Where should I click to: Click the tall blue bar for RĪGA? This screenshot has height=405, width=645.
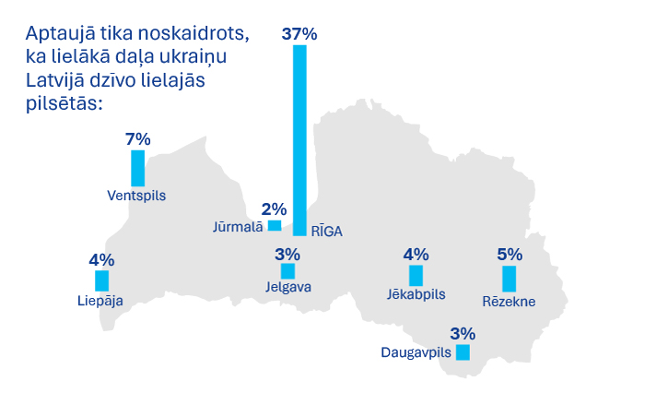[x=299, y=138]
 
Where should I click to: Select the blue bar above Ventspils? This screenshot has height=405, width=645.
[x=137, y=168]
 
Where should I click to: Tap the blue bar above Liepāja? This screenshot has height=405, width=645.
[x=101, y=281]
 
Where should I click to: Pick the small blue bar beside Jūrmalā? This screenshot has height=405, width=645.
[x=275, y=226]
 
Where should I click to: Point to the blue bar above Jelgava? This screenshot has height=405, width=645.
[x=287, y=271]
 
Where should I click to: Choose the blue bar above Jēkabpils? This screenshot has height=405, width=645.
[x=416, y=275]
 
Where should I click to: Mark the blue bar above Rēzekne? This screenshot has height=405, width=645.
[x=509, y=279]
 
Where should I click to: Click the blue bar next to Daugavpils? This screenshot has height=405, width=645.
[x=463, y=352]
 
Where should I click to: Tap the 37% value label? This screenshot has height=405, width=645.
[x=299, y=34]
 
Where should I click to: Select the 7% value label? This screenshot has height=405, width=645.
[x=137, y=139]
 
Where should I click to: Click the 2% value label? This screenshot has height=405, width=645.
[x=274, y=209]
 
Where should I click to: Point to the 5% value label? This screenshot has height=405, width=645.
[x=509, y=255]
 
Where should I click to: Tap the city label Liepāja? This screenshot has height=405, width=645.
[x=100, y=300]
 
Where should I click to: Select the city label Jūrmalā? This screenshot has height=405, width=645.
[x=237, y=226]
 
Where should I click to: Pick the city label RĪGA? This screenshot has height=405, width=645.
[x=326, y=232]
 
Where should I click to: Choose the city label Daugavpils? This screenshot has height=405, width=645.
[x=416, y=352]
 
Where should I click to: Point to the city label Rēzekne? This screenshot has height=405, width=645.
[x=509, y=301]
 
